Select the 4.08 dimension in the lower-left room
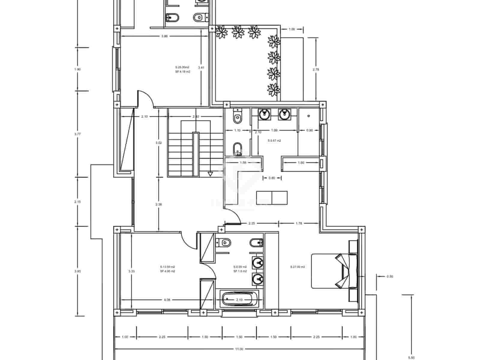click(167, 300)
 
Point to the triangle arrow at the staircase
click(210, 174)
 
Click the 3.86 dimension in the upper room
click(164, 36)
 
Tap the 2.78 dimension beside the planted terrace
click(316, 69)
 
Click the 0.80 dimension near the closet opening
click(272, 178)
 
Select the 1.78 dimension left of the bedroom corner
click(299, 223)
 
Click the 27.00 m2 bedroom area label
click(298, 267)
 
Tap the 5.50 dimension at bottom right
click(412, 358)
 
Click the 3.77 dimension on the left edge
click(77, 134)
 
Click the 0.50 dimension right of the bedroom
click(390, 277)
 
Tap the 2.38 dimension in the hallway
click(159, 204)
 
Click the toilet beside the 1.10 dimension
click(237, 116)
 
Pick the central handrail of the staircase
click(196, 154)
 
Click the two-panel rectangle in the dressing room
click(272, 197)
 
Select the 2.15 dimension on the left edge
click(77, 202)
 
